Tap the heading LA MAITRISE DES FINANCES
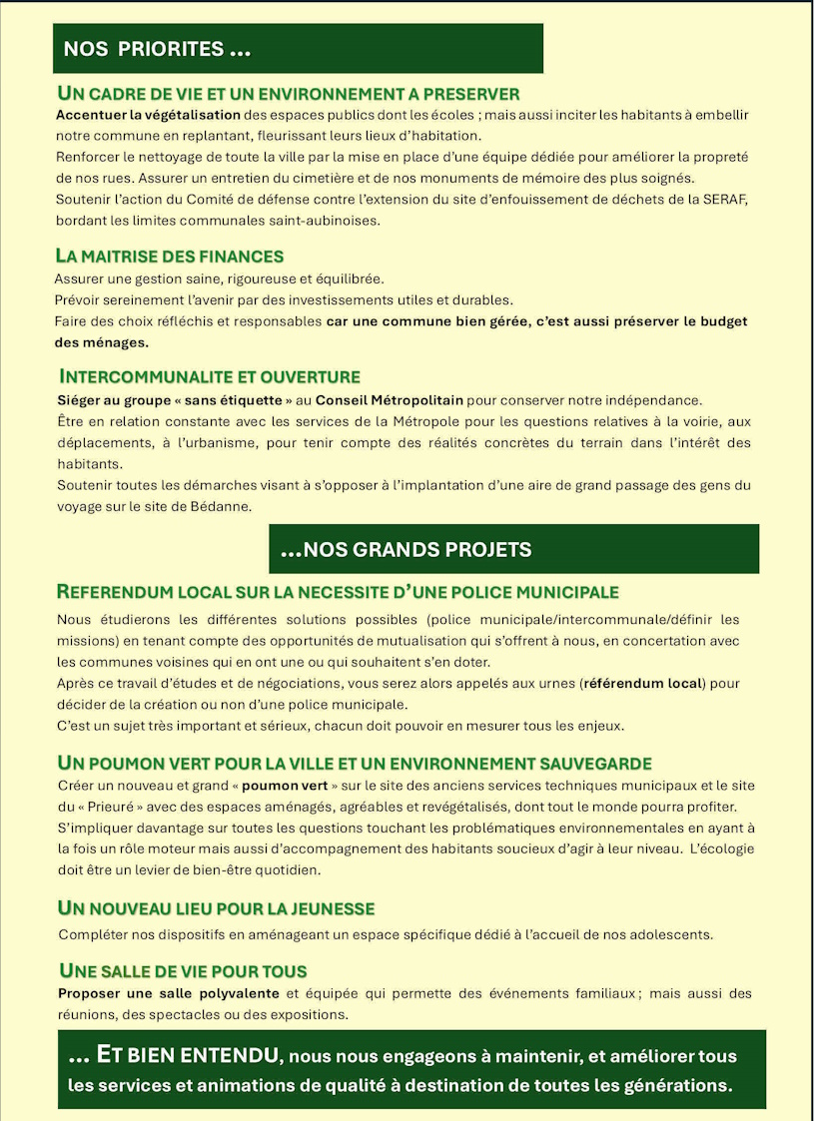pos(171,257)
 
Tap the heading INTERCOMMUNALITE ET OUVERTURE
pos(210,377)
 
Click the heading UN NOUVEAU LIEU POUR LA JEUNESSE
pos(217,908)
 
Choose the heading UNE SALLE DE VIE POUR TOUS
pos(184,970)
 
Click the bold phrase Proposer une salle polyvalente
pos(168,994)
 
